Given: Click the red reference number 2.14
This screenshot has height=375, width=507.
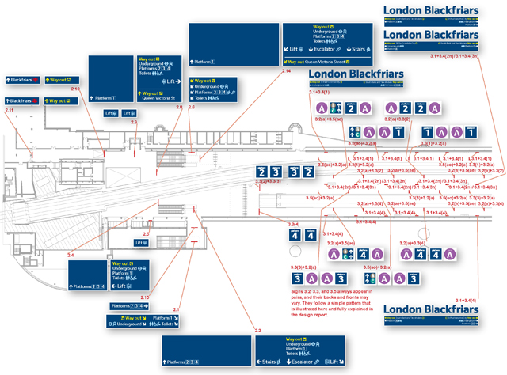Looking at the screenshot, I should click(286, 71).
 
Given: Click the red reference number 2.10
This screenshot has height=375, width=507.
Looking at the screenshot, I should click(75, 89).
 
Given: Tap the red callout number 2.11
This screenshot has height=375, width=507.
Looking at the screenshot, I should click(10, 110).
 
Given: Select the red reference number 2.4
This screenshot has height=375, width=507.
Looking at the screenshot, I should click(71, 254).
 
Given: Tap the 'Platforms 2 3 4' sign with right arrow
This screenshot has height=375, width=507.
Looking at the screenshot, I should click(130, 305).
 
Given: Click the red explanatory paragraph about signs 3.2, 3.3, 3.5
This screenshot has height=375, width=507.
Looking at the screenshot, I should click(331, 301).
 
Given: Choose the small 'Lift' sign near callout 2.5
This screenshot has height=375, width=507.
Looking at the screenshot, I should click(141, 242).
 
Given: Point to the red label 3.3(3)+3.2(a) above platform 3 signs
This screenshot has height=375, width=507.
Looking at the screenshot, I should click(303, 269).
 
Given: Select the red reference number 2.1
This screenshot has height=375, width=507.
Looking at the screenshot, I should click(177, 309).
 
